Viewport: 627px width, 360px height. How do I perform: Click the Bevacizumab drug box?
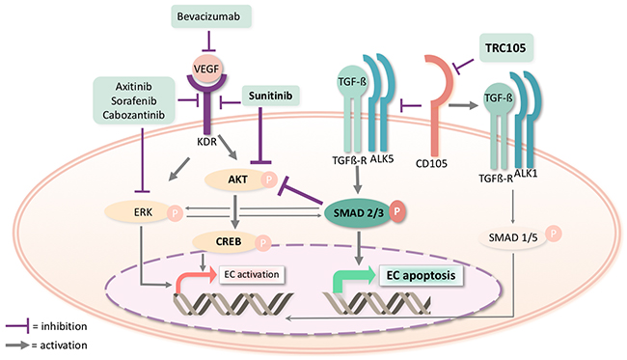[211, 16]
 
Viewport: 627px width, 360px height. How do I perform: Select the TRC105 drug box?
[505, 48]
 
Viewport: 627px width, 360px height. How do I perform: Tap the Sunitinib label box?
[271, 96]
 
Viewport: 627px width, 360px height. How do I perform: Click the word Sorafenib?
[134, 100]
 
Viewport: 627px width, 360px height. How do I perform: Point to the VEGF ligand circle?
[206, 69]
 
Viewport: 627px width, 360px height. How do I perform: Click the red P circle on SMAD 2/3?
[397, 211]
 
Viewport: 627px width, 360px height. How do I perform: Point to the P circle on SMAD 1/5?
[554, 234]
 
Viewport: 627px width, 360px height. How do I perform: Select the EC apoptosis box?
[421, 276]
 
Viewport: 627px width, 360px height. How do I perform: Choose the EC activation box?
[252, 275]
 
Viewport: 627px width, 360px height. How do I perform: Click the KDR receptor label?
[206, 142]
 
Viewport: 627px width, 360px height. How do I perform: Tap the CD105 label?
[431, 163]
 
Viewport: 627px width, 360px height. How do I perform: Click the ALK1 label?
[526, 173]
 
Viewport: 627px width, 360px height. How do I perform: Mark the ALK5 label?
[382, 159]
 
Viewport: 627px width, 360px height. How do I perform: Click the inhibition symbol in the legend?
[17, 326]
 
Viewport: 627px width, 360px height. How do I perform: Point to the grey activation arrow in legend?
[17, 345]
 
